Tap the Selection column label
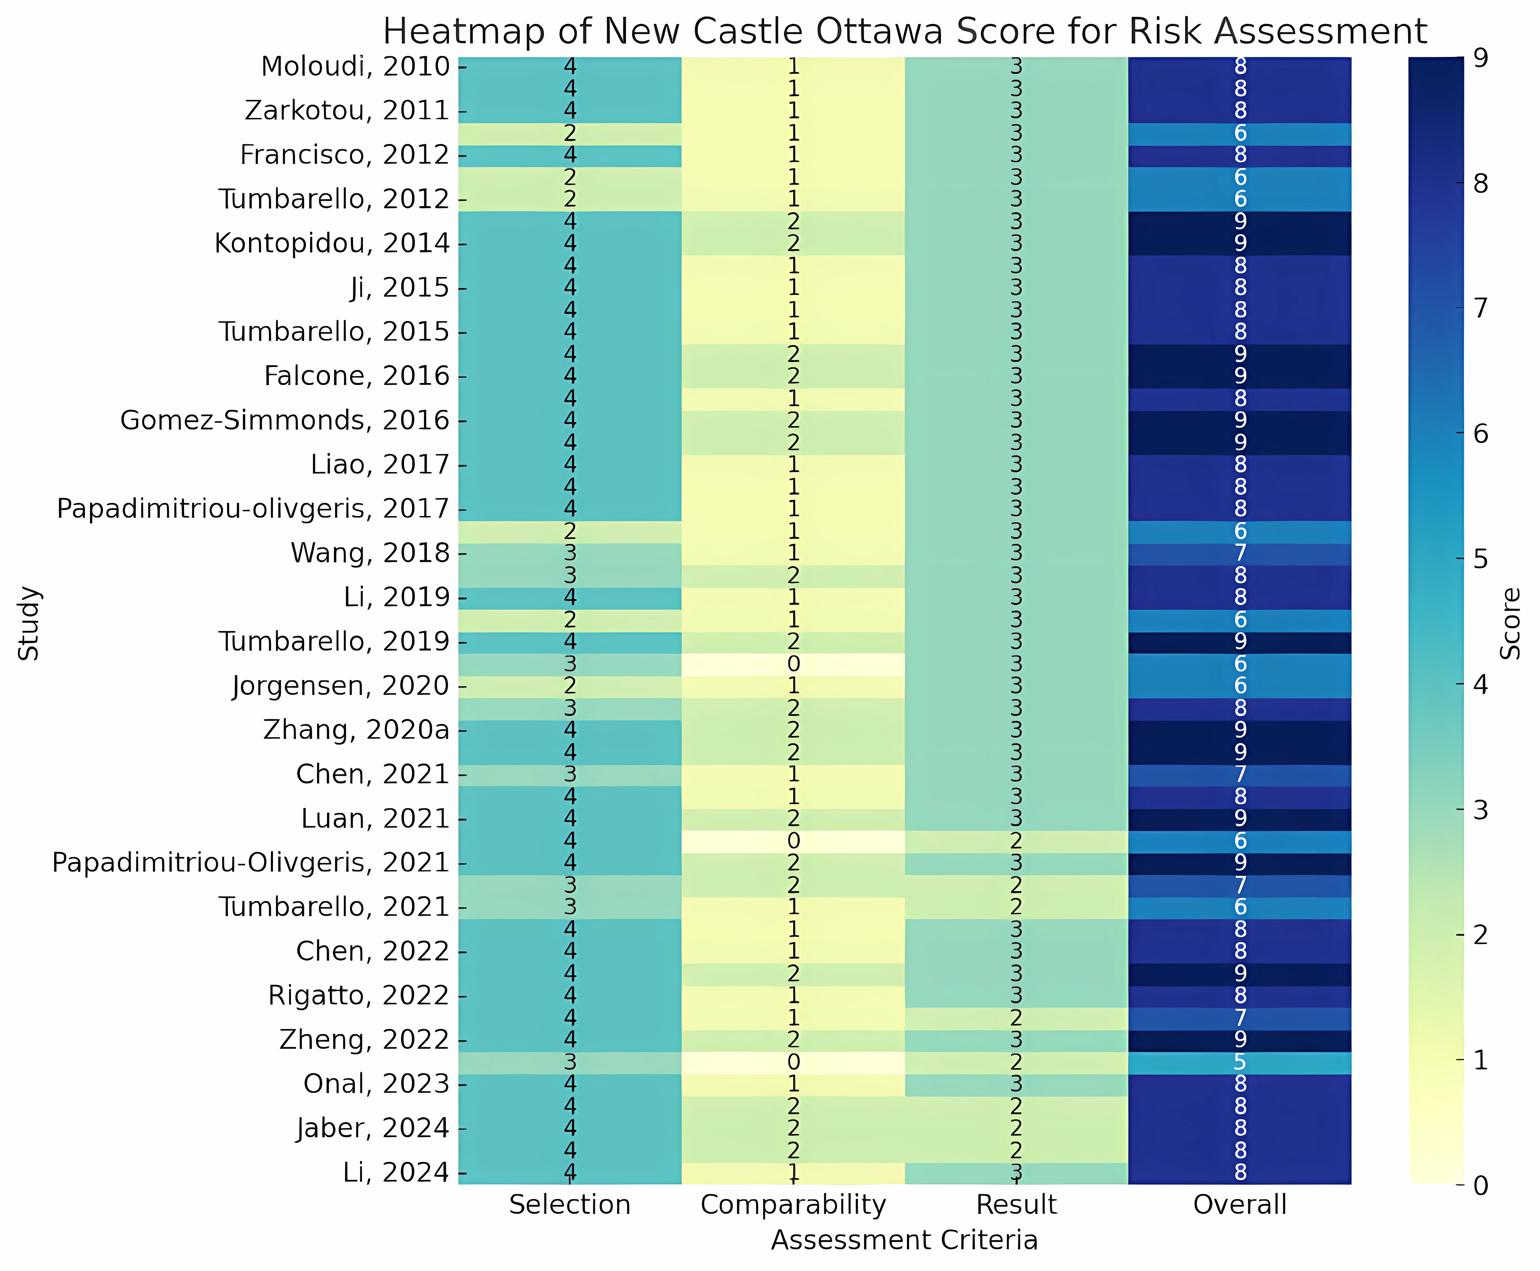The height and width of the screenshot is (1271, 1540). click(570, 1205)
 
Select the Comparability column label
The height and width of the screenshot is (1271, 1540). click(793, 1205)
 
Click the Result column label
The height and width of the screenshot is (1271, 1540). click(1017, 1205)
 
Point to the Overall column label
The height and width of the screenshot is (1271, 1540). click(1240, 1205)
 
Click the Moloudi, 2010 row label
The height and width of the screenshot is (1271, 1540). click(355, 66)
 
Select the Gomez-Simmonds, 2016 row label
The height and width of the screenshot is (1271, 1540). click(285, 420)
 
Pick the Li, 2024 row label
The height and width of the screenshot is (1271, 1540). click(396, 1172)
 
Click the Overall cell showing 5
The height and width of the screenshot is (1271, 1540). click(1240, 1062)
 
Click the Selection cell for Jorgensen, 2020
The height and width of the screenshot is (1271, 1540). click(570, 686)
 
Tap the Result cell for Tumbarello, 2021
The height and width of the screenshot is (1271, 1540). click(1017, 907)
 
